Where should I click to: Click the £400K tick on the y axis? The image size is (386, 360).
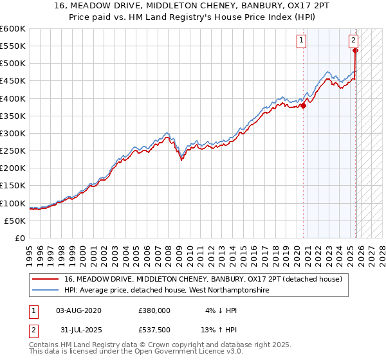pos(13,98)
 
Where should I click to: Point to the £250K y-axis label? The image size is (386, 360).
pos(13,150)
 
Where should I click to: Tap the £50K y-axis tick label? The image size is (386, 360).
pos(15,221)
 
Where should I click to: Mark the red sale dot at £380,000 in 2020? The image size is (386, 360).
pos(303,106)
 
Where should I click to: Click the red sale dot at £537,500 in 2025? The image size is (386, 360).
pos(356,51)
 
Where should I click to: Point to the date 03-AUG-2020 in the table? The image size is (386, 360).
pos(78,310)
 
